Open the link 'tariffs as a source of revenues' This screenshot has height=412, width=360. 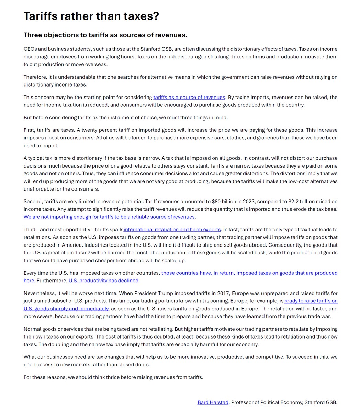(x=189, y=98)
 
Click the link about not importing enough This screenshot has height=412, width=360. (x=109, y=217)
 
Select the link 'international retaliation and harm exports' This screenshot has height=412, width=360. (x=172, y=230)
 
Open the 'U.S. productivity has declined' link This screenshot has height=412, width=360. (x=103, y=281)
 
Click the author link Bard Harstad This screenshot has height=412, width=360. (x=213, y=402)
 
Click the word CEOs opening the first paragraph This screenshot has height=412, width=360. (x=30, y=49)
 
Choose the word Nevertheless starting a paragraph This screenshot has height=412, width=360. (x=39, y=294)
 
